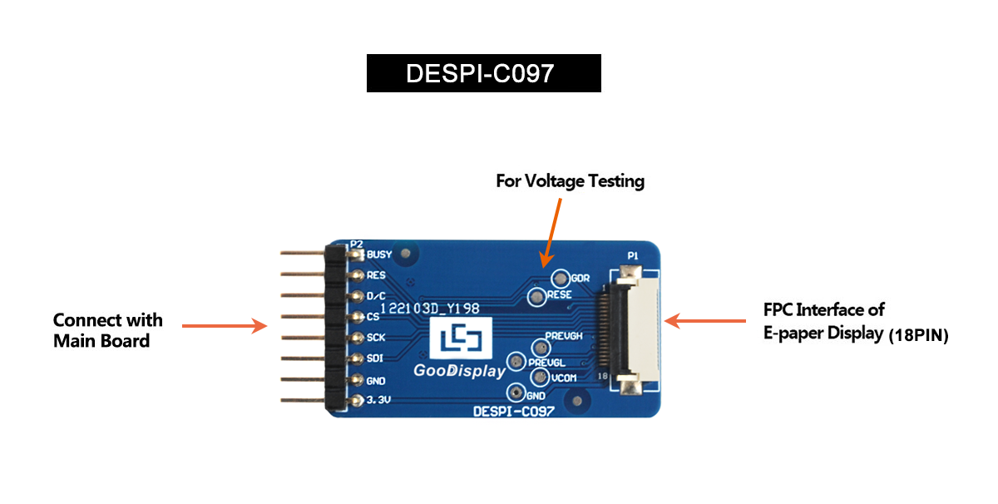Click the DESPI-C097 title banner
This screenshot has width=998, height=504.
pos(483,73)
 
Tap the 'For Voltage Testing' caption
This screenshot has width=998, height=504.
pos(570,180)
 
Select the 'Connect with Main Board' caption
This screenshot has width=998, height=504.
pos(107,330)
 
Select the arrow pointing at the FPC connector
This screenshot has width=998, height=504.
pos(708,319)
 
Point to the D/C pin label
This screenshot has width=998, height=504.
pos(377,296)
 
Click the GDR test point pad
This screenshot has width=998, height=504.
pos(561,278)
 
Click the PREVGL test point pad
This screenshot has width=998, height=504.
pos(516,362)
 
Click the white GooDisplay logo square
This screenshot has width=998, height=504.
pos(460,340)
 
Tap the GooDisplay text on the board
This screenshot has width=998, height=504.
pos(459,371)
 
